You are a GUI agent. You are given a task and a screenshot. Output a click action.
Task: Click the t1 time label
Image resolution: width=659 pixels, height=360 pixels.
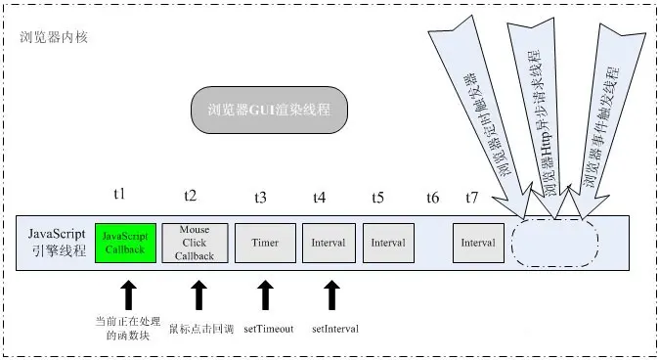click(x=120, y=197)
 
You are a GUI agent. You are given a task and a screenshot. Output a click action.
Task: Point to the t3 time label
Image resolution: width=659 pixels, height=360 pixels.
click(x=260, y=197)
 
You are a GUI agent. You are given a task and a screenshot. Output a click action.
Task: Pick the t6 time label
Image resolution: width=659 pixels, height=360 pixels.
click(x=432, y=197)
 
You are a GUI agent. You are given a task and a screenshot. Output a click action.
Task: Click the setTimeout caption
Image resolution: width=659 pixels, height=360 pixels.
click(x=269, y=328)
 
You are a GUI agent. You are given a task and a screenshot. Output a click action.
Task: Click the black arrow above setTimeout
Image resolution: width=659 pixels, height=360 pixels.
click(x=264, y=294)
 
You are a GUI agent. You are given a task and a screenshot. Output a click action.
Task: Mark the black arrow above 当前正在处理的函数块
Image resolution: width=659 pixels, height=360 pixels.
click(x=126, y=294)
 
